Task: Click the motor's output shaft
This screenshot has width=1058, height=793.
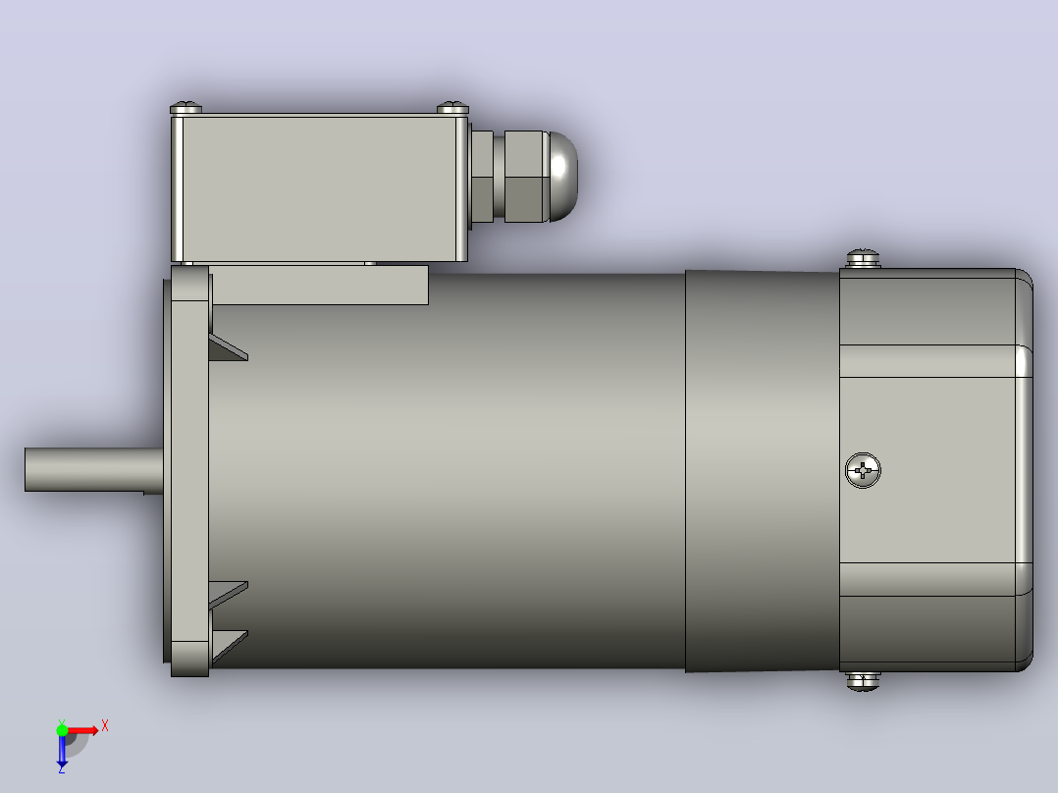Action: pyautogui.click(x=94, y=469)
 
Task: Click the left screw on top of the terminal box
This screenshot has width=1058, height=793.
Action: pyautogui.click(x=185, y=108)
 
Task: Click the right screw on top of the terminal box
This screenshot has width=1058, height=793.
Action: pyautogui.click(x=452, y=108)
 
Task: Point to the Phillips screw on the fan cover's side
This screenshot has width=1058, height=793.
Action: pyautogui.click(x=863, y=470)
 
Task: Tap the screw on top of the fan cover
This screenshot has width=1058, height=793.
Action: pyautogui.click(x=863, y=258)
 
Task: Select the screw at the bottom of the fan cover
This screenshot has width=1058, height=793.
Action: pyautogui.click(x=863, y=681)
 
